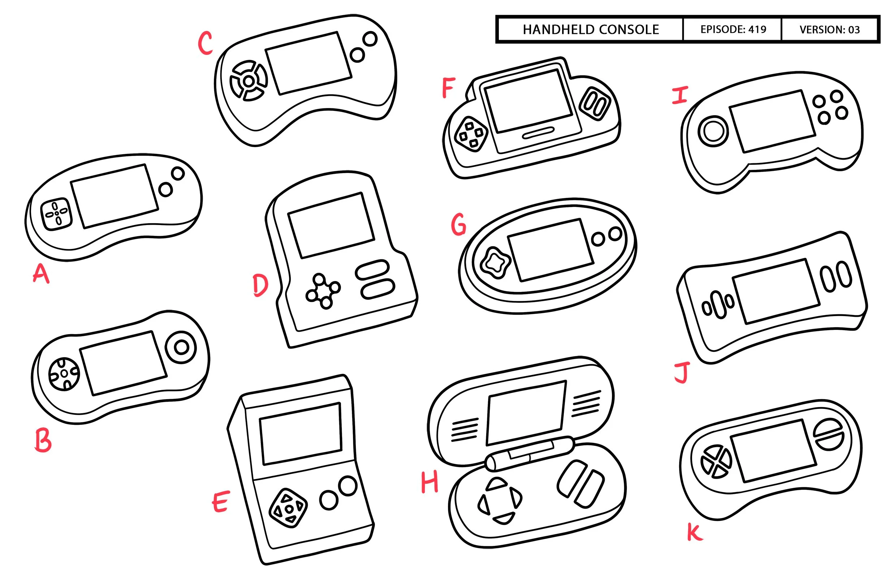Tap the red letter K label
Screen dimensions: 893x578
[695, 532]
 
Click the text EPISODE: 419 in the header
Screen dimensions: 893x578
[733, 29]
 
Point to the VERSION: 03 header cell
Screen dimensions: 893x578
[829, 30]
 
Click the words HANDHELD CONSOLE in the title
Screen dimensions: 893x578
[591, 29]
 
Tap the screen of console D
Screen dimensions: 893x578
[331, 225]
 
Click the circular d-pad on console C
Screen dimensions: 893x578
[249, 81]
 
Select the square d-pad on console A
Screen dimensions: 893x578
[57, 214]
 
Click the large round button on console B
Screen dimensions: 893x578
[182, 347]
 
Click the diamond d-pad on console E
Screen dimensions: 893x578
[288, 508]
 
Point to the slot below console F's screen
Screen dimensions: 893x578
[538, 133]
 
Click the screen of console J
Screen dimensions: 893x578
[776, 291]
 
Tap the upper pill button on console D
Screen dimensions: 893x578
[372, 270]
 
